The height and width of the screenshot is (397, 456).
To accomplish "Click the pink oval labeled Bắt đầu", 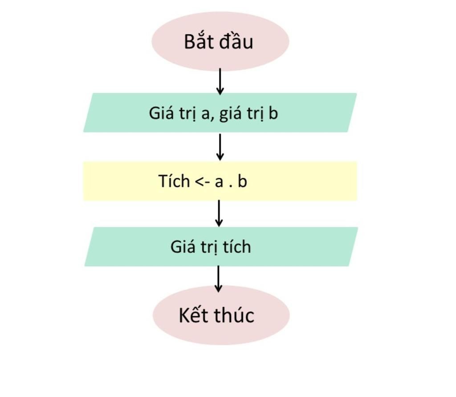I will pos(220,41).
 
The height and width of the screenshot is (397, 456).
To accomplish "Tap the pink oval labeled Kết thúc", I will pos(221,315).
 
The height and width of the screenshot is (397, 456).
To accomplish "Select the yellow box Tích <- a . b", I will pos(220,181).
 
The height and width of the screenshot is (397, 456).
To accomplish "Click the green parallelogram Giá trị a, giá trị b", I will pos(220,113).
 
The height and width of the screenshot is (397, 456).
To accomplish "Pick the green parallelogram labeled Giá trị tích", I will pos(221,247).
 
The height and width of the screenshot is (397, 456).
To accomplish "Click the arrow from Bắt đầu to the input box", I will pos(220,81).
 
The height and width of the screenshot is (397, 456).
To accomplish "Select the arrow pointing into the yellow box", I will pos(220,147).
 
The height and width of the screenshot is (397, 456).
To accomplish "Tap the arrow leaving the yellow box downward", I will pos(219,213).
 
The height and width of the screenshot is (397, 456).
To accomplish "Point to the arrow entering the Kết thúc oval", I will pos(218,278).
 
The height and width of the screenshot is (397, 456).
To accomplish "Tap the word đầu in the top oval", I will pos(236,41).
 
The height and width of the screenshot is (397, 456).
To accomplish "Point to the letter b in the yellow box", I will pos(242,181).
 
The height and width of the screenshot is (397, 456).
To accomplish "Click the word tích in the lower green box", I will pos(237,247).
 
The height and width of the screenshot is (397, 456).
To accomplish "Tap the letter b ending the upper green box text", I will pos(273,113).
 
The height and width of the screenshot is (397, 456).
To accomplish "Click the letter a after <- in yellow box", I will pos(219,182).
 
